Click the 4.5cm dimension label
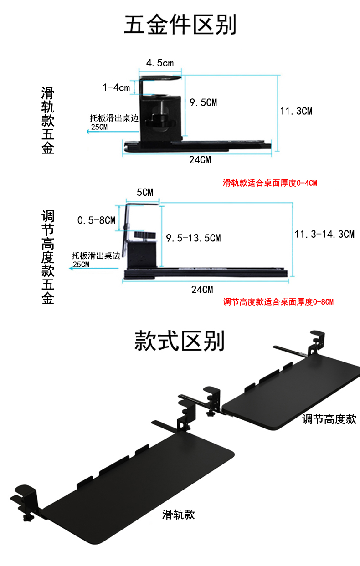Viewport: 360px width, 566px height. (x=159, y=63)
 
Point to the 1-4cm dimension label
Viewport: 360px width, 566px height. (x=116, y=87)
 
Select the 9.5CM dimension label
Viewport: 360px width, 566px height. (x=203, y=102)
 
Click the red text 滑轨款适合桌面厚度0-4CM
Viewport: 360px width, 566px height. (x=270, y=184)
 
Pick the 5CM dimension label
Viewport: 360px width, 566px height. (x=145, y=192)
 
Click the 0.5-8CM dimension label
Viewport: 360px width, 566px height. (x=96, y=220)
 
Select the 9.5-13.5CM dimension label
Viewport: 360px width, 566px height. (x=193, y=238)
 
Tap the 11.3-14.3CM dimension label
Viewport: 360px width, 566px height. (x=324, y=234)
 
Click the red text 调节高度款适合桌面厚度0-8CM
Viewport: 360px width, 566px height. (x=278, y=301)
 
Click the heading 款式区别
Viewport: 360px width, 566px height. (x=180, y=341)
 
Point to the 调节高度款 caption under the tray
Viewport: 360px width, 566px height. (x=329, y=419)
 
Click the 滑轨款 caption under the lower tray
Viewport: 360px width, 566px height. (x=179, y=515)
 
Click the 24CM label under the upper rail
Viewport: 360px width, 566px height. (x=201, y=160)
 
